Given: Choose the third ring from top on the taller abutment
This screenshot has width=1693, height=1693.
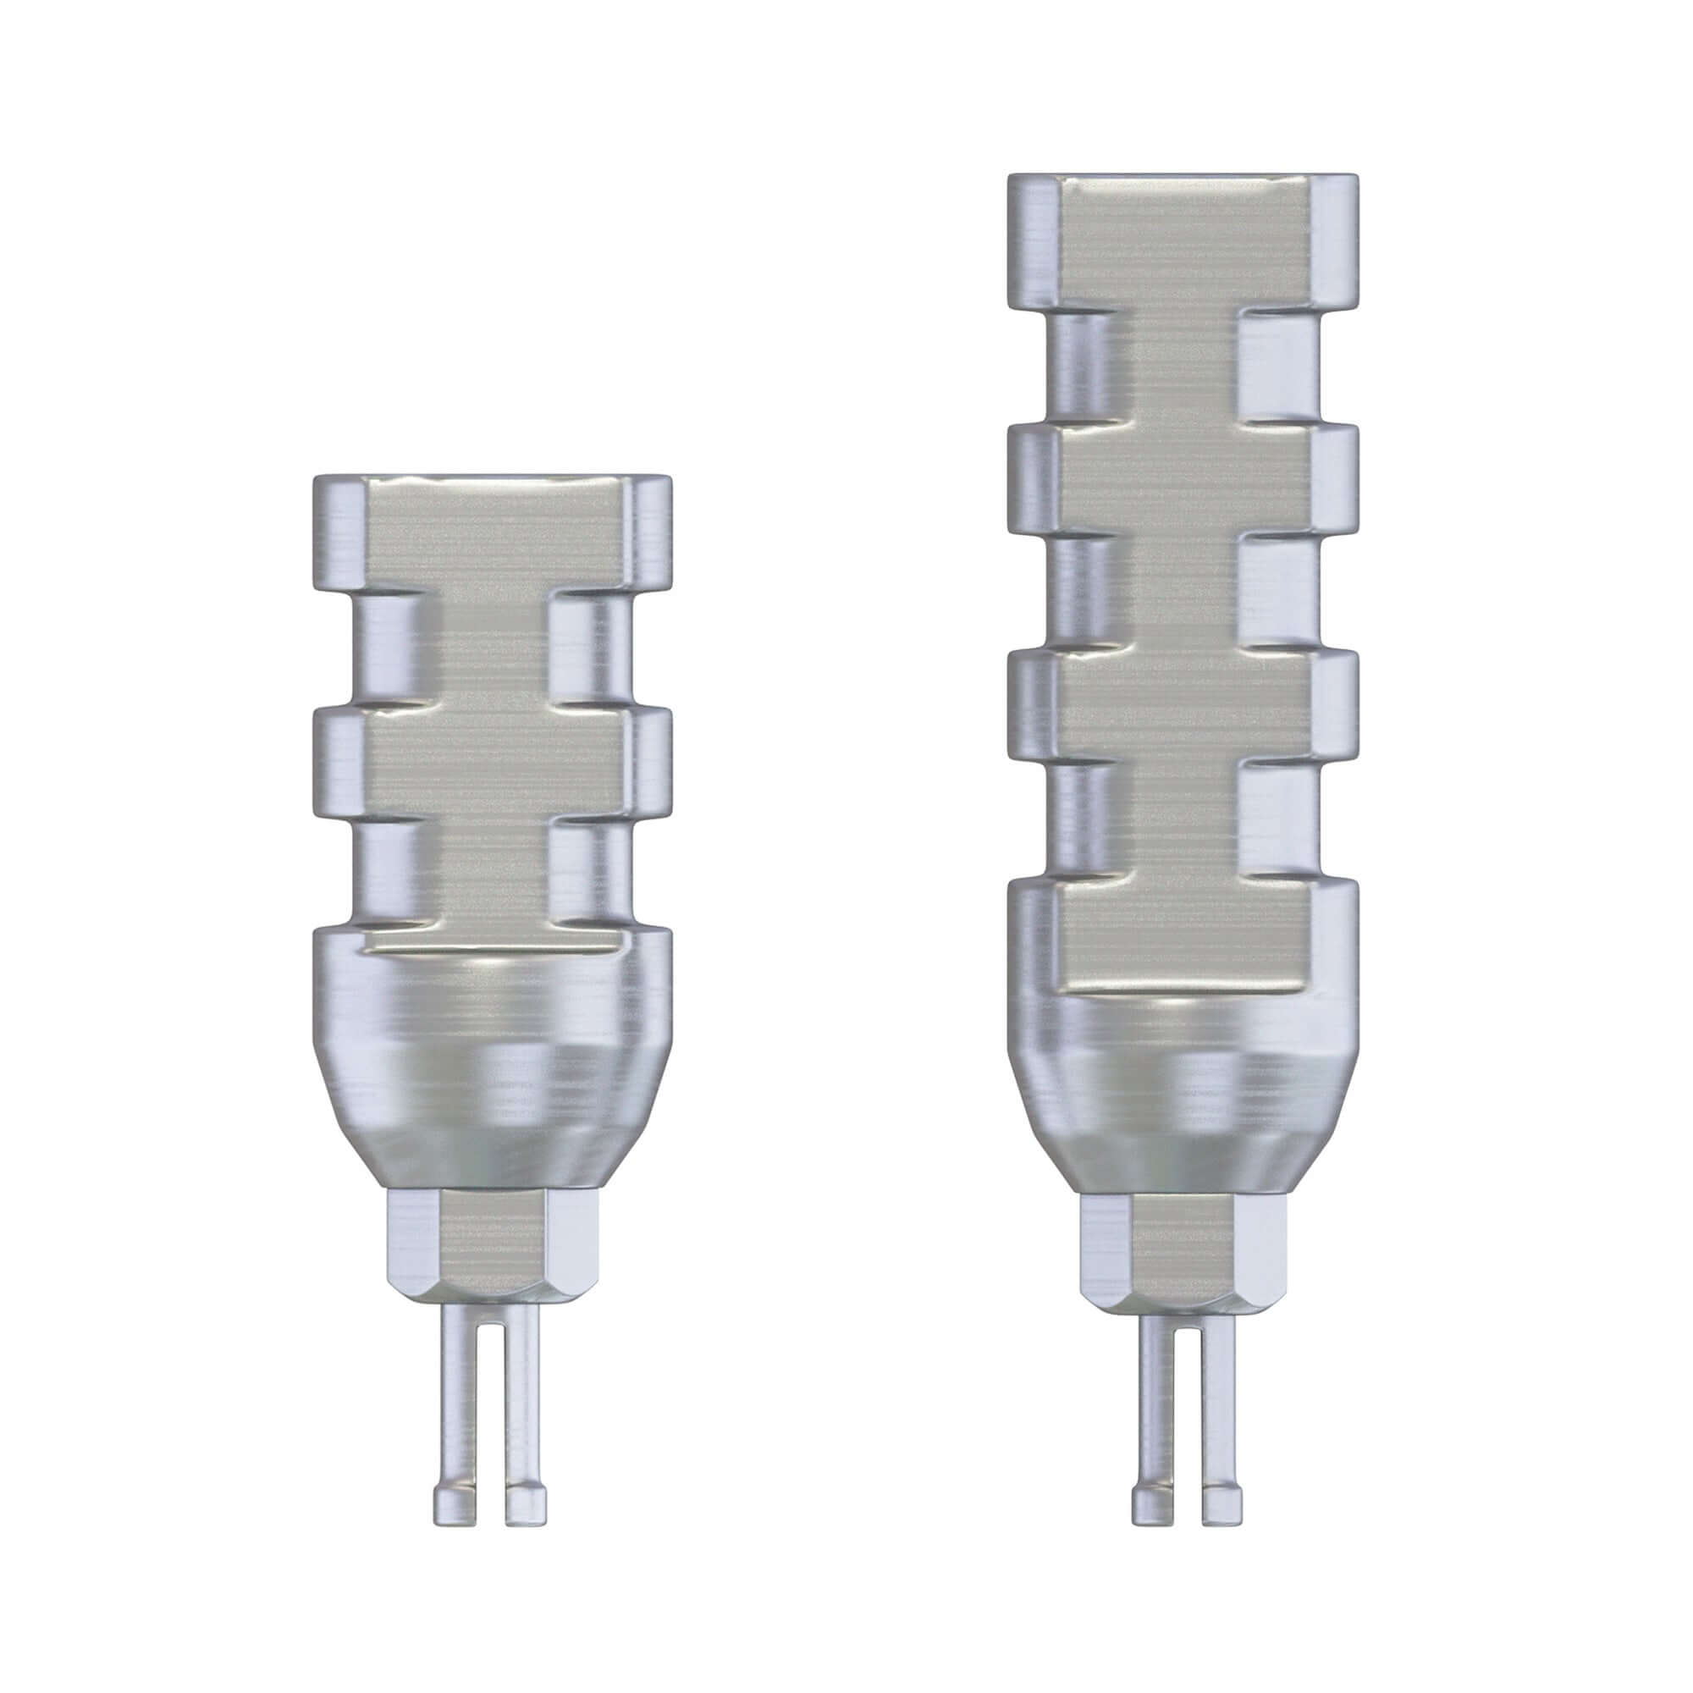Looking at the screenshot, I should coord(1183,705).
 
